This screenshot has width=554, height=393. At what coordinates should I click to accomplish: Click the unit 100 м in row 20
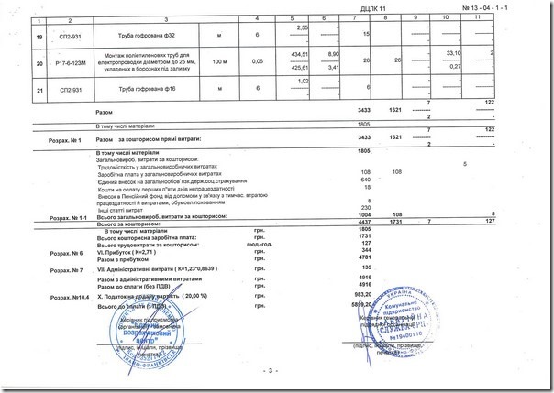tap(218, 61)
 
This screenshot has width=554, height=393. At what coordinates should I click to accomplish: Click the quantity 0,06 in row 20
tap(258, 61)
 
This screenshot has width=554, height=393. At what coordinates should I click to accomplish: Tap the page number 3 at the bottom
tap(271, 370)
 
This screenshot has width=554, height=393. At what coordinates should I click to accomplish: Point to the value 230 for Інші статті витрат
tap(367, 206)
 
